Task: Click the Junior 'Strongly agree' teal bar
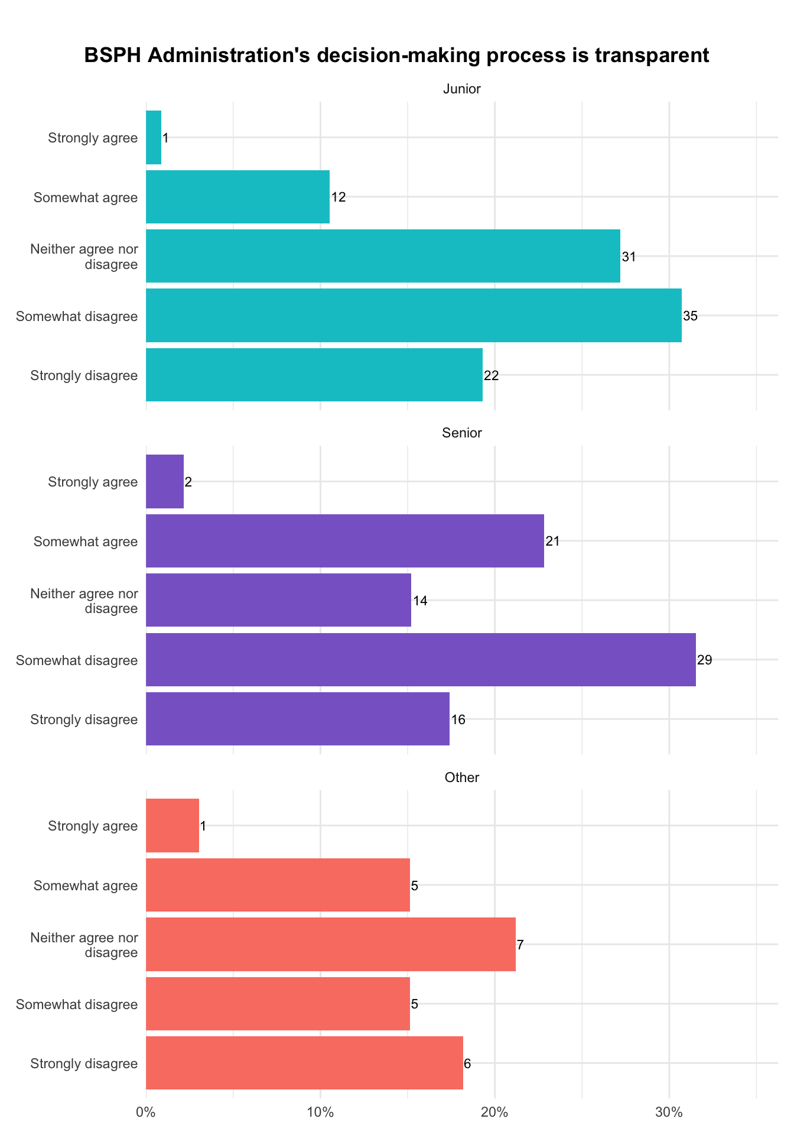[x=154, y=138]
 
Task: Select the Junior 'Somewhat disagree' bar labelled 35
[x=414, y=316]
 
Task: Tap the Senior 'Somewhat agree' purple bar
[x=345, y=541]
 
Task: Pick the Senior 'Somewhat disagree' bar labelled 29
[x=421, y=660]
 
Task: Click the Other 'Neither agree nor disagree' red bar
[x=331, y=944]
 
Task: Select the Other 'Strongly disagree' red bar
[x=304, y=1063]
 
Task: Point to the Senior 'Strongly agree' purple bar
[x=165, y=481]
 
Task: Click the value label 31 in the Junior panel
[x=629, y=257]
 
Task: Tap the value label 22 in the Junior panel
[x=491, y=375]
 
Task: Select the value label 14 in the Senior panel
[x=420, y=601]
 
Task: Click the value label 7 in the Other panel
[x=520, y=945]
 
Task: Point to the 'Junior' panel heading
[x=462, y=89]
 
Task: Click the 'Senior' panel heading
[x=462, y=433]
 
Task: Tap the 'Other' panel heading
[x=462, y=777]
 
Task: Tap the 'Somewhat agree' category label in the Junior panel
[x=86, y=197]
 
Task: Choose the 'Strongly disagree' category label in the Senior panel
[x=84, y=719]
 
